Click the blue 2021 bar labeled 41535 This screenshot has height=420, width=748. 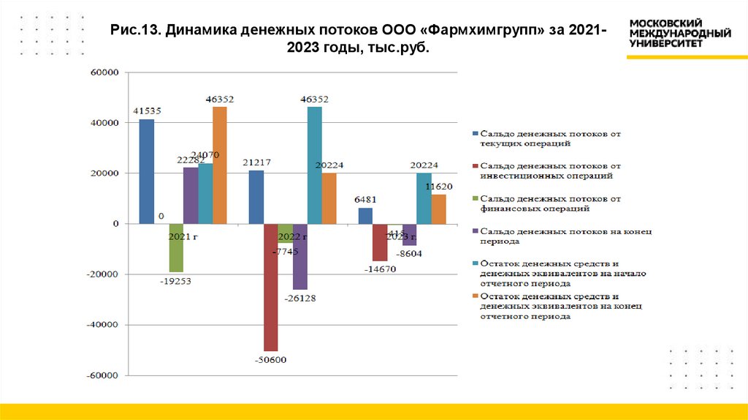point(147,171)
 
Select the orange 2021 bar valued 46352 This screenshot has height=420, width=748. point(220,165)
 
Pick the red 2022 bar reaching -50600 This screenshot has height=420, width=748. point(271,287)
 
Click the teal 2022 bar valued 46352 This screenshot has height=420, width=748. point(315,165)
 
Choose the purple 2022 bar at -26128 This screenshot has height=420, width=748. point(300,256)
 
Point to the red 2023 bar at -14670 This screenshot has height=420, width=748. point(380,242)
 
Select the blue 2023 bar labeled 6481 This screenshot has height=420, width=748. point(365,216)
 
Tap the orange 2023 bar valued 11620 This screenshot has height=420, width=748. point(438,209)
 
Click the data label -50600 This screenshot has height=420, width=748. point(270,359)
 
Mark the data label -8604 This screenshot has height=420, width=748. point(408,253)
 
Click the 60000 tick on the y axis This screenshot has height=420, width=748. point(103,72)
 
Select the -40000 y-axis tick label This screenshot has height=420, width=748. point(102,325)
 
